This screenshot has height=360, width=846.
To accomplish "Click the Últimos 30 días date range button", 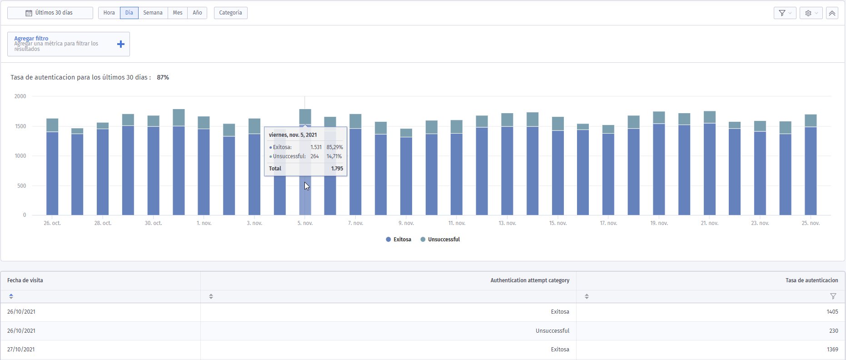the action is tap(50, 13).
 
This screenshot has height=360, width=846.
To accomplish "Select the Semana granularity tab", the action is tap(153, 13).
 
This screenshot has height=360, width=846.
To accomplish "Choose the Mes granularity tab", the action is tap(178, 13).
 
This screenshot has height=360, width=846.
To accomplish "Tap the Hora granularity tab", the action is tap(109, 13).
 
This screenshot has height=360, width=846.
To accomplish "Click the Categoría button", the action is tap(230, 13).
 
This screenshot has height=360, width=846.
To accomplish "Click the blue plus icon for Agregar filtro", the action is tap(121, 44).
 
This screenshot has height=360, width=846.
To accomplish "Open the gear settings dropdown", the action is tap(811, 13).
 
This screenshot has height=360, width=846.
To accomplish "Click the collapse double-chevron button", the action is tap(832, 13).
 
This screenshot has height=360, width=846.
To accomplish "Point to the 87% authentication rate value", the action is tap(163, 77).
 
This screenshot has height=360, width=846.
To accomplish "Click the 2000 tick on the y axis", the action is tap(20, 96).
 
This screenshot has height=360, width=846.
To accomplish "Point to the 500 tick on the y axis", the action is tap(21, 185).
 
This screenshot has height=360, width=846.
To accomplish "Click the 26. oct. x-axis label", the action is tap(52, 223).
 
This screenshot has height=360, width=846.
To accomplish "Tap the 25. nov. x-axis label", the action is tap(811, 223).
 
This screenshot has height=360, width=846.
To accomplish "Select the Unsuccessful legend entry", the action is tap(440, 240).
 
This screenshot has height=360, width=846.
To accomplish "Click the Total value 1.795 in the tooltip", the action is tap(337, 169).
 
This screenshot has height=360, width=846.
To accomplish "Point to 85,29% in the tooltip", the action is tap(335, 147).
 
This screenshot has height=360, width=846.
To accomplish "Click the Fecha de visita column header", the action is tap(25, 280).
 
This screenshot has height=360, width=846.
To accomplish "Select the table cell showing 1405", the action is tap(832, 312).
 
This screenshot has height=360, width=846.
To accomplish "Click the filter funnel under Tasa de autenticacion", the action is tap(833, 296).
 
